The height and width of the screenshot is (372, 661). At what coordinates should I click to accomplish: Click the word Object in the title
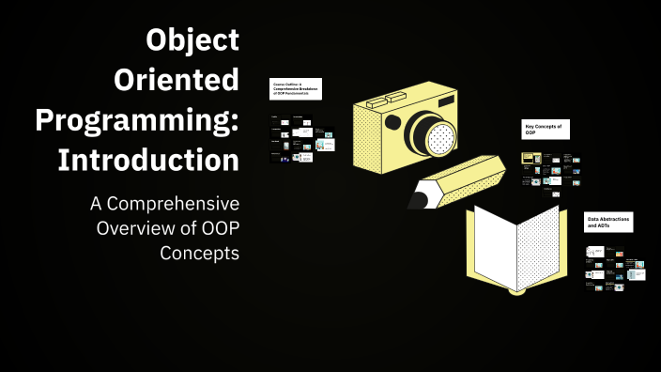(192, 41)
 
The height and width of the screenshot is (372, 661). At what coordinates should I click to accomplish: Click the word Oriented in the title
(176, 81)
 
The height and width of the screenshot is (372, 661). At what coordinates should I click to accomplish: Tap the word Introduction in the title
(148, 160)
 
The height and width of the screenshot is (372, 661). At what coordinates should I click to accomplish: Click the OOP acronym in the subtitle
(216, 229)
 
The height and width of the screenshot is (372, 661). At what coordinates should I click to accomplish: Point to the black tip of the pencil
(419, 198)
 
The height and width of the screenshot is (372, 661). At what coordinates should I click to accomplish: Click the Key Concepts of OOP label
(545, 130)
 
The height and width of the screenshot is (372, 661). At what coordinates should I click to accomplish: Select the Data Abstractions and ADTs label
(608, 223)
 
